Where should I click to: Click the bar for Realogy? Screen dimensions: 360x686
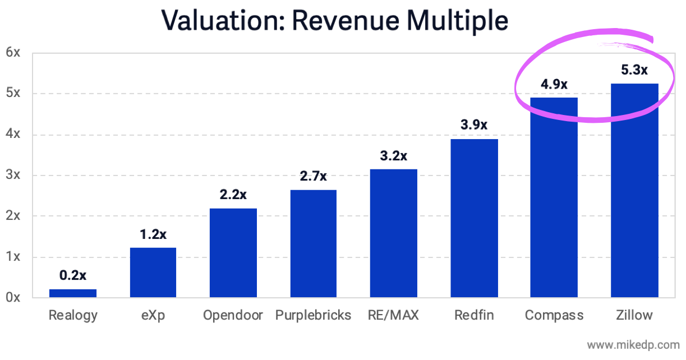(73, 293)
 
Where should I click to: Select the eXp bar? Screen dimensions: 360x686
(153, 273)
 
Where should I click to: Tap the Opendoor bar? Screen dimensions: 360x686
(233, 252)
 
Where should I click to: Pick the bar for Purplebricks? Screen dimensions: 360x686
(313, 243)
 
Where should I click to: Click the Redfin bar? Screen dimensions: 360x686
(474, 218)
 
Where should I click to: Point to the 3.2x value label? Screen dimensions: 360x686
(393, 156)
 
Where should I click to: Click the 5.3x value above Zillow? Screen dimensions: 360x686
(634, 70)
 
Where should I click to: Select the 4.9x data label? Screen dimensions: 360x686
(554, 85)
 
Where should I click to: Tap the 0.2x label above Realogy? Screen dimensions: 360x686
(73, 275)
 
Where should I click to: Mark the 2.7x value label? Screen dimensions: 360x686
(313, 177)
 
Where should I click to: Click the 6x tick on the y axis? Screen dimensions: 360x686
(13, 53)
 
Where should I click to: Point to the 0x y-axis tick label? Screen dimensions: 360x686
(13, 297)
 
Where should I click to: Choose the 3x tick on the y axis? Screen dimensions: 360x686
(13, 175)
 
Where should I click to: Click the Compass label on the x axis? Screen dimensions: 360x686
(554, 315)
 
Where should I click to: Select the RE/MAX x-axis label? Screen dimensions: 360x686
(393, 315)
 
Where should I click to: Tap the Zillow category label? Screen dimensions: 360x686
(634, 315)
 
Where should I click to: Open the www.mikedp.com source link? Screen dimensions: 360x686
(632, 344)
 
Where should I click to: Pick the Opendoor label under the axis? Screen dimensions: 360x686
(233, 315)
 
